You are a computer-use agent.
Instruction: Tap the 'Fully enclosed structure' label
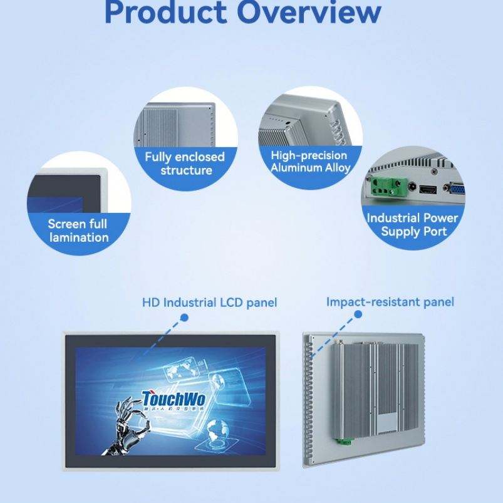[x=186, y=163]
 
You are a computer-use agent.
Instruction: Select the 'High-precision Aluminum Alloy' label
[x=310, y=161]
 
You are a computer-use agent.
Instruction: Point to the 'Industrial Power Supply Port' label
[x=413, y=224]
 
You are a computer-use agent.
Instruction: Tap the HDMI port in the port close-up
[x=428, y=189]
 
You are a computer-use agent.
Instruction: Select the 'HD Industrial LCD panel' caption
[x=209, y=303]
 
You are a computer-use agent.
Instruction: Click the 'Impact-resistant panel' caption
[x=390, y=302]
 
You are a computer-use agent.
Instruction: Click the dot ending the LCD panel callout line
[x=184, y=318]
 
